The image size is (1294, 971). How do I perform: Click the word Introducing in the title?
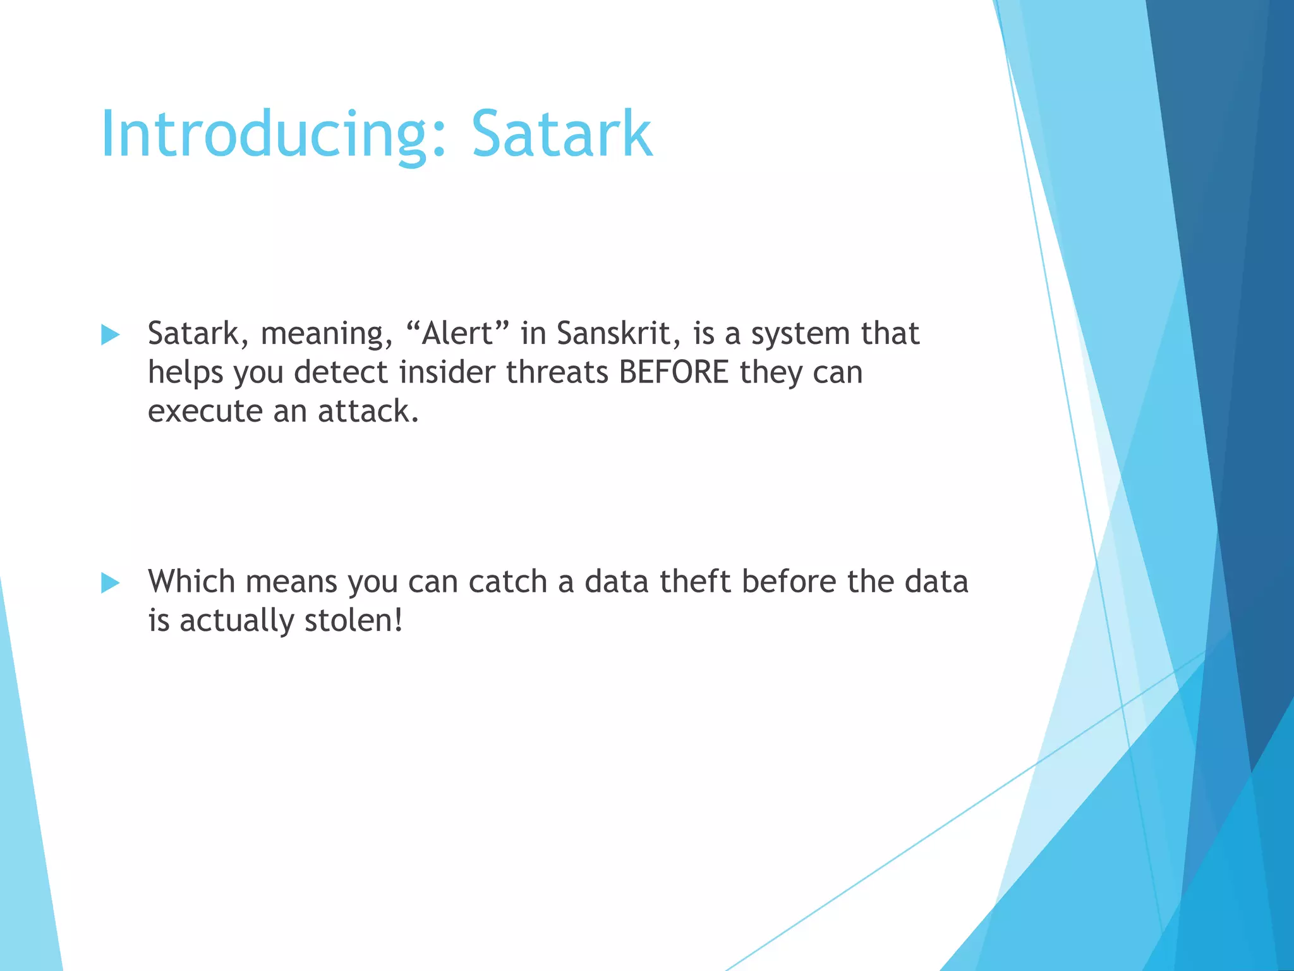[x=265, y=134]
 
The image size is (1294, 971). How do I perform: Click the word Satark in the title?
[x=561, y=134]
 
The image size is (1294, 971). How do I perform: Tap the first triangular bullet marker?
[x=110, y=334]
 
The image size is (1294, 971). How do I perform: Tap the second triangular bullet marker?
[x=110, y=583]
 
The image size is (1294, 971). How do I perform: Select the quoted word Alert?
[x=457, y=333]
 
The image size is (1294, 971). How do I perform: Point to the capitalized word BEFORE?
[x=674, y=372]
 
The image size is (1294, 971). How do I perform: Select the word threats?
[x=557, y=372]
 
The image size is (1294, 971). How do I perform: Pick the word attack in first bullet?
[x=368, y=411]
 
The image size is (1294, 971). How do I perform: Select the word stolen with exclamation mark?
[x=353, y=620]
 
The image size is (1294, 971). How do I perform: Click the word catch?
[x=507, y=581]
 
